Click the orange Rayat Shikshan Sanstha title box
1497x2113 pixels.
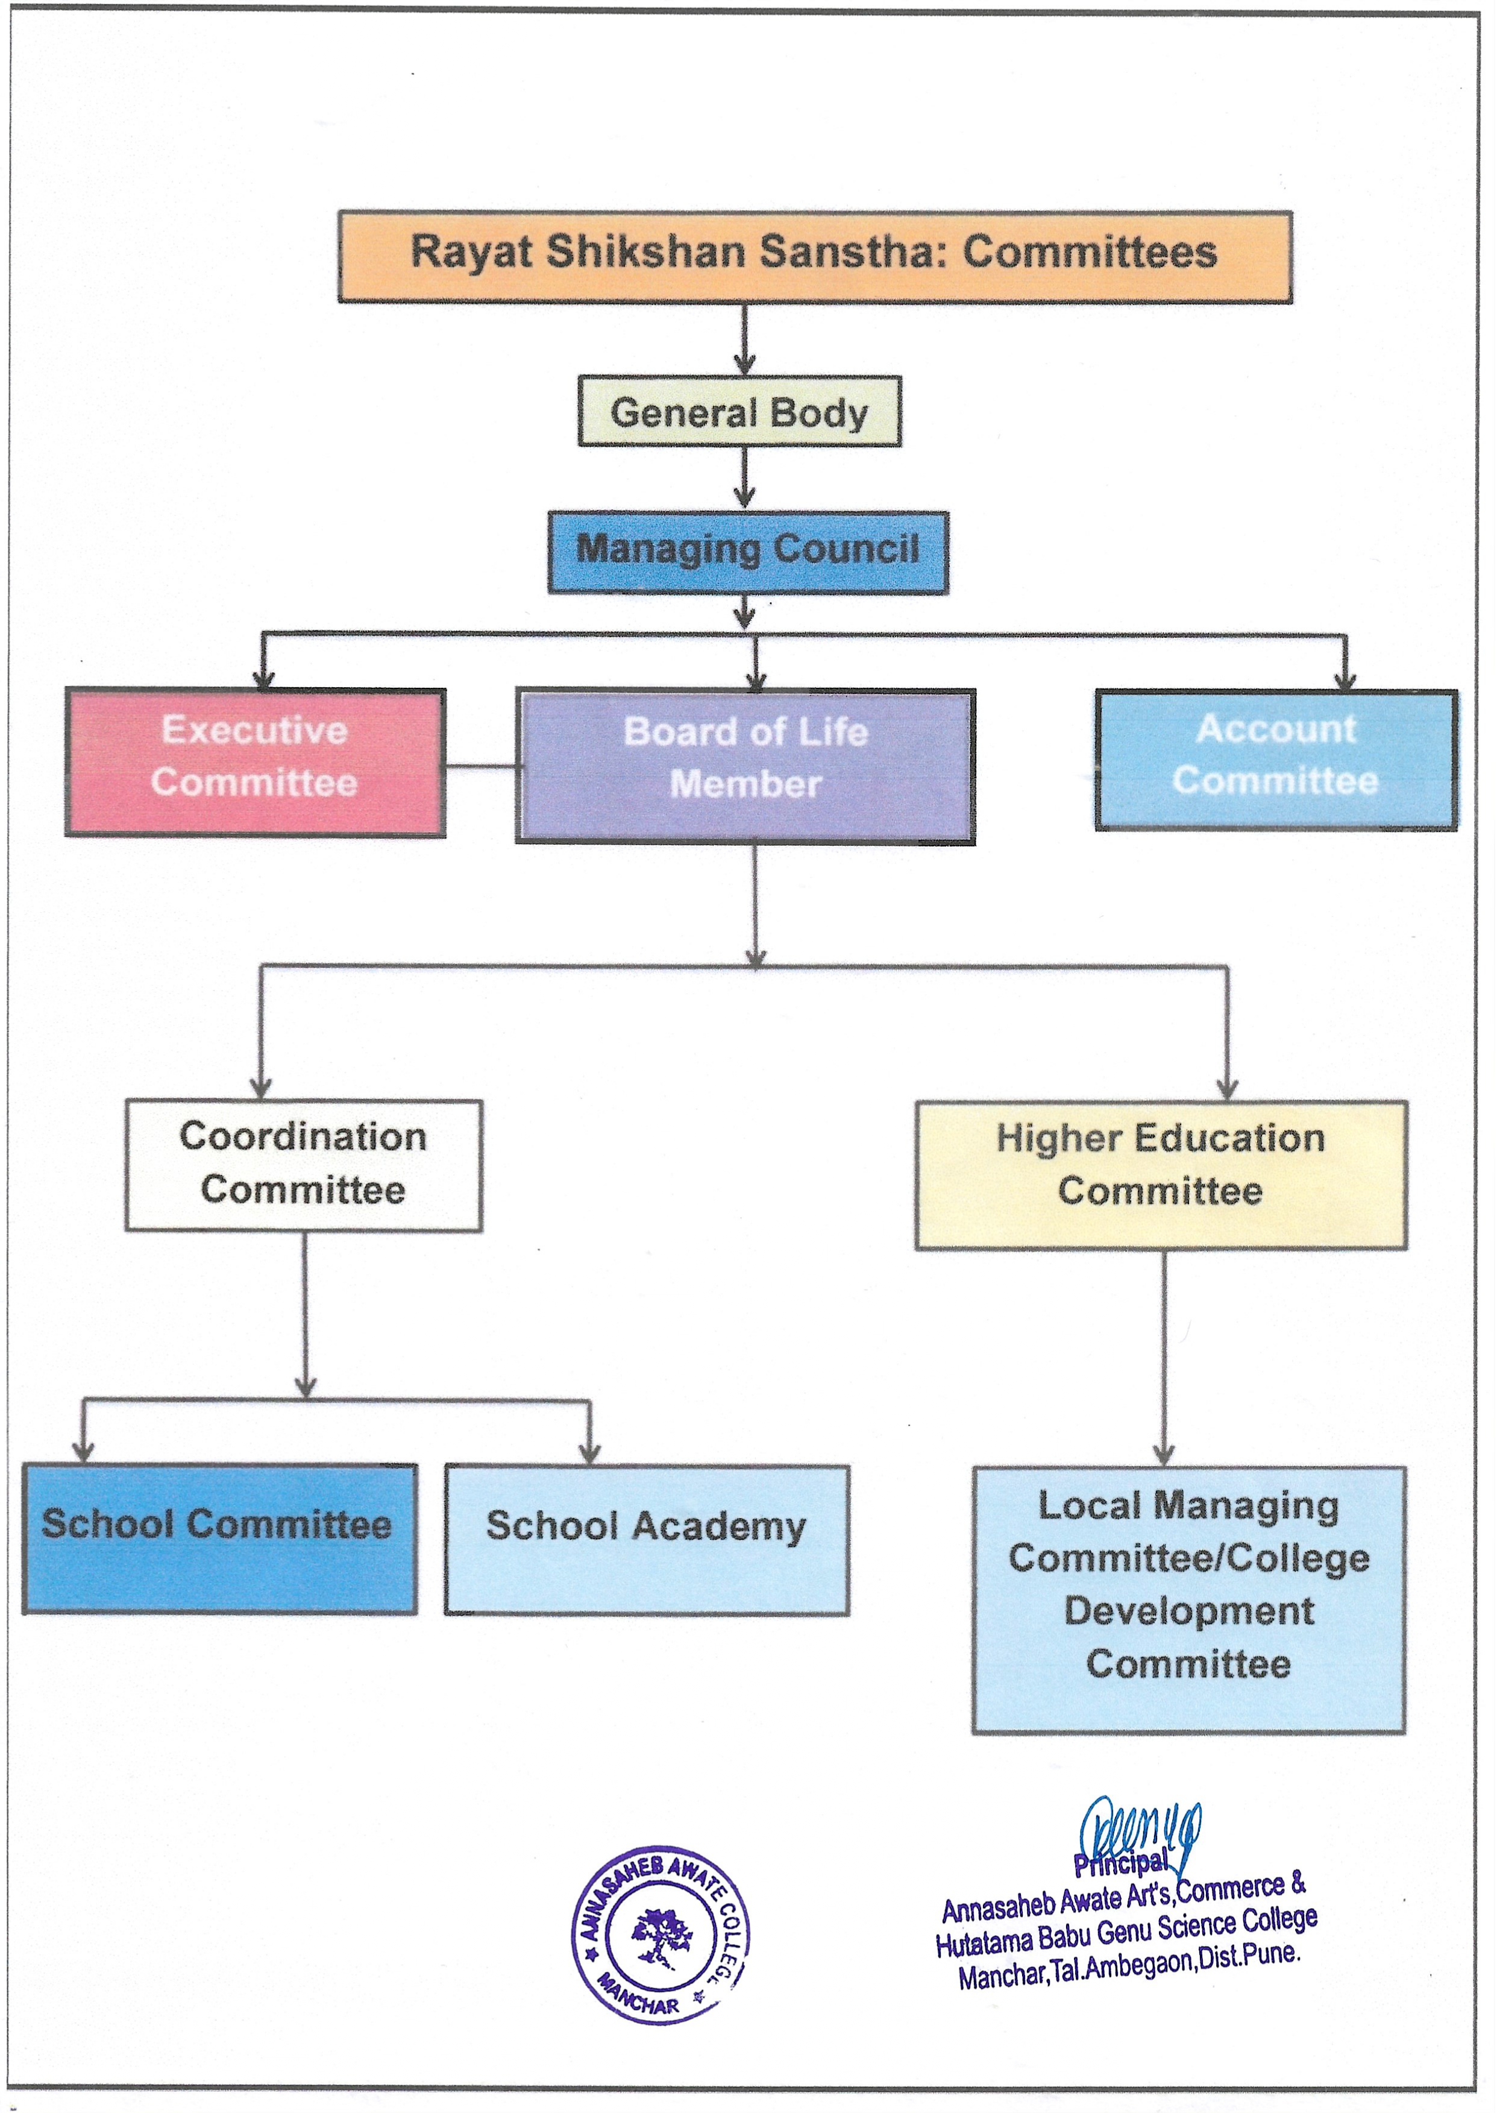click(815, 256)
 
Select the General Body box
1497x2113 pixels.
click(739, 411)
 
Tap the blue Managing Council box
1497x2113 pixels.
click(747, 551)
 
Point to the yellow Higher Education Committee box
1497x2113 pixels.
click(1161, 1176)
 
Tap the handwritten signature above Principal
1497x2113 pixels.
click(1141, 1832)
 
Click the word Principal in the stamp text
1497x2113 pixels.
click(1120, 1863)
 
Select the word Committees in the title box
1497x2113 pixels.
click(1090, 253)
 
